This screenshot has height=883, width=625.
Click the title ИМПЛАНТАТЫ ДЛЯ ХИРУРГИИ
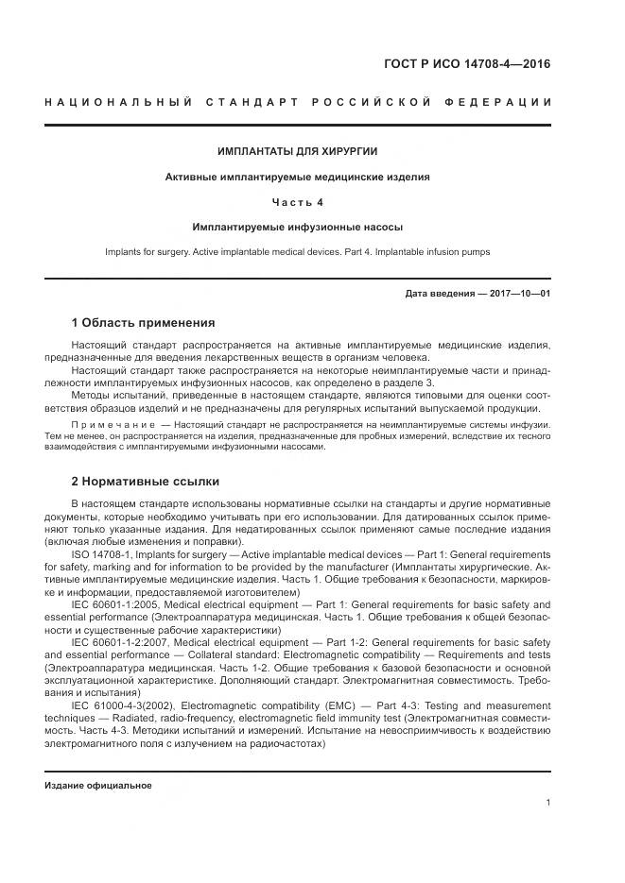click(298, 151)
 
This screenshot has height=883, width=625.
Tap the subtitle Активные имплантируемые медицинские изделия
click(298, 177)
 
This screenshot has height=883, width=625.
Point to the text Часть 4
click(298, 202)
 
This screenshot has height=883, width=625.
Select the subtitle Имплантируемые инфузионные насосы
click(298, 228)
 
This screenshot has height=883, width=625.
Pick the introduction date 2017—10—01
click(517, 294)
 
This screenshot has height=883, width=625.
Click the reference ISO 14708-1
click(101, 554)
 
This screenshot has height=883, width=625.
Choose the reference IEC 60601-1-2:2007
click(120, 641)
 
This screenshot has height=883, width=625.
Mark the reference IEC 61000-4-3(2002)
click(122, 705)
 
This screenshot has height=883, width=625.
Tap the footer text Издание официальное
click(98, 785)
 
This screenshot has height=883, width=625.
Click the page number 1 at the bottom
click(547, 803)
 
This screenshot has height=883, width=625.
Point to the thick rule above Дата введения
click(298, 279)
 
